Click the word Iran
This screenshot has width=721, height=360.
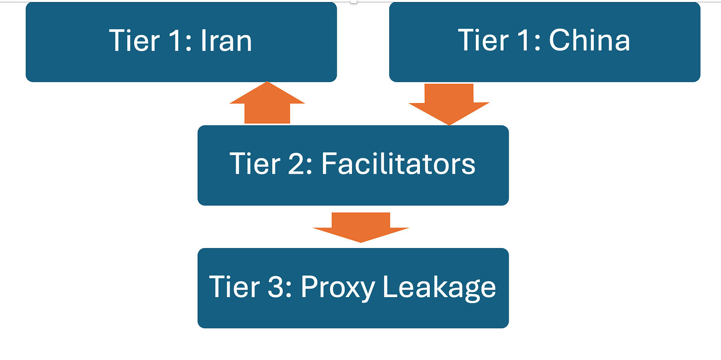(x=226, y=41)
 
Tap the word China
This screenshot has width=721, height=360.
(x=589, y=41)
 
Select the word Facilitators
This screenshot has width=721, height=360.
(x=398, y=164)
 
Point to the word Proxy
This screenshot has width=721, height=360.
(x=337, y=287)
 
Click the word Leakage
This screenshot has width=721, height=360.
(x=439, y=287)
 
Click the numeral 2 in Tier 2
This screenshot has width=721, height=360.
(x=298, y=164)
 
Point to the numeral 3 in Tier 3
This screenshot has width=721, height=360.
(x=277, y=287)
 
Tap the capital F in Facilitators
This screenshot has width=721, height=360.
(x=328, y=164)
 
